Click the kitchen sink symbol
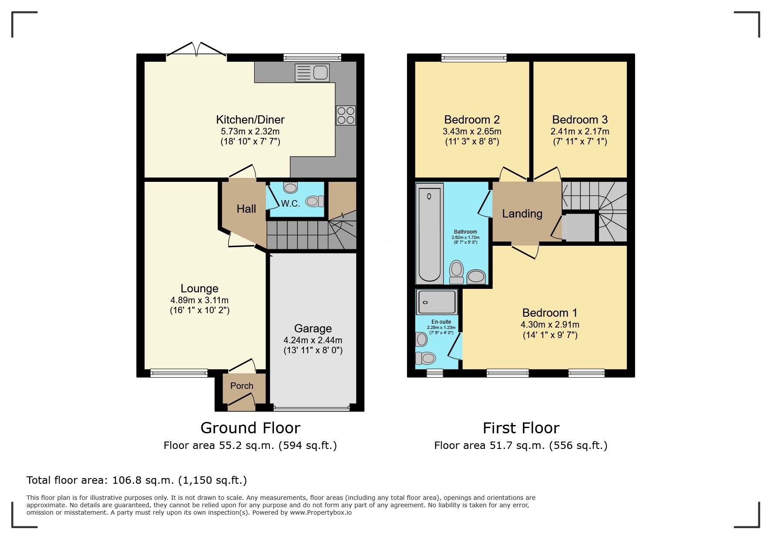click(x=312, y=73)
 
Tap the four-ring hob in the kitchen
click(x=346, y=115)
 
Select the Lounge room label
click(x=199, y=288)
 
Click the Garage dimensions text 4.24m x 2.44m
click(x=313, y=340)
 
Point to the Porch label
click(x=242, y=386)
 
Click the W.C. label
click(x=290, y=204)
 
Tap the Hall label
click(x=246, y=209)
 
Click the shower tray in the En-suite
click(x=437, y=302)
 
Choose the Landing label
click(x=522, y=214)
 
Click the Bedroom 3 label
click(x=579, y=120)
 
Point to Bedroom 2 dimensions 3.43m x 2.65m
click(x=472, y=131)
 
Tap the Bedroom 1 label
click(x=549, y=313)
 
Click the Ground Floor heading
click(x=250, y=428)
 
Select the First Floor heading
click(x=521, y=428)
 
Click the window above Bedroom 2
click(x=474, y=57)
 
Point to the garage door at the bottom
click(x=312, y=408)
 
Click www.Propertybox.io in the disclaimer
click(x=321, y=512)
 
